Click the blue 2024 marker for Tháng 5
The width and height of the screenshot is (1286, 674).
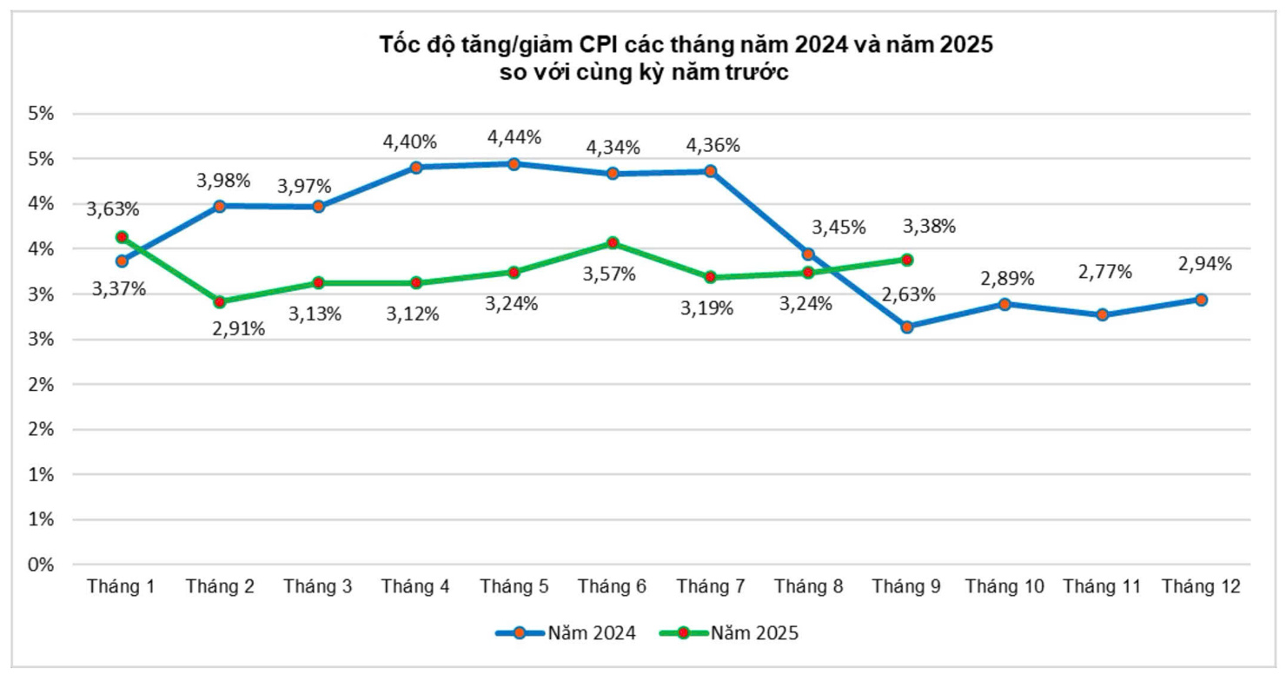(x=514, y=164)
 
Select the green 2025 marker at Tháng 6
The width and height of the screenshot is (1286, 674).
(x=613, y=243)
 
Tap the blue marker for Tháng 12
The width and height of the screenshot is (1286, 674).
(x=1202, y=300)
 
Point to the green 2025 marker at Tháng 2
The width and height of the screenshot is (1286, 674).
(x=220, y=302)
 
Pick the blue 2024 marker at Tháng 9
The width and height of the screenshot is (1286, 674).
(x=907, y=327)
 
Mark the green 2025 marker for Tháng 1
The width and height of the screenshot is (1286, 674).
(x=122, y=237)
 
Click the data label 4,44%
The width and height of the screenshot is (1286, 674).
(x=514, y=136)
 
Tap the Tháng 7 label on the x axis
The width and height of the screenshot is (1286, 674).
(x=711, y=587)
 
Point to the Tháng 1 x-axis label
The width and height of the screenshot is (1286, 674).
(x=122, y=587)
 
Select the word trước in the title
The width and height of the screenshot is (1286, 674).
(x=752, y=72)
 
